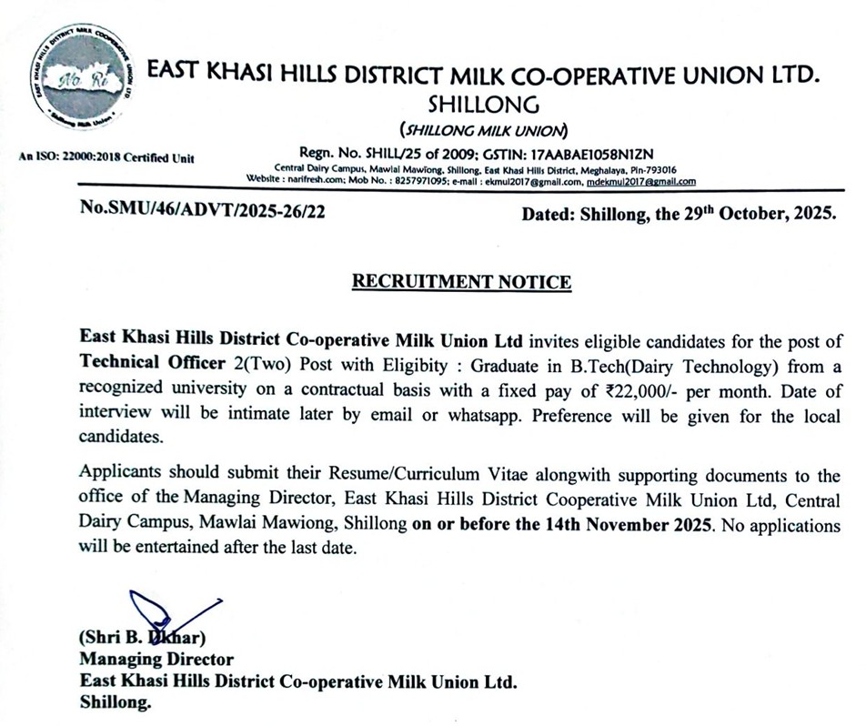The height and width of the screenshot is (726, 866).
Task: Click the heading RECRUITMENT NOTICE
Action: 462,281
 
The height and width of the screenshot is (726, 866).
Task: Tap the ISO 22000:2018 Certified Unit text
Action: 106,158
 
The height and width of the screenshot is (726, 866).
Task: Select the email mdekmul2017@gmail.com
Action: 641,181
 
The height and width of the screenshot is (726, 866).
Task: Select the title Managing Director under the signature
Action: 156,660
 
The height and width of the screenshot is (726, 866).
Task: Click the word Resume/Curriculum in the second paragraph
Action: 338,476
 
